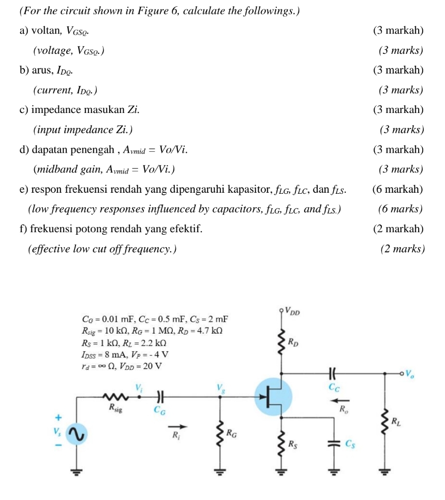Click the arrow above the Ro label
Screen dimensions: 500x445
(x=339, y=400)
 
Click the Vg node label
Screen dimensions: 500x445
(x=220, y=387)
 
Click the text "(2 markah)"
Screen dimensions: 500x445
(x=397, y=228)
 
